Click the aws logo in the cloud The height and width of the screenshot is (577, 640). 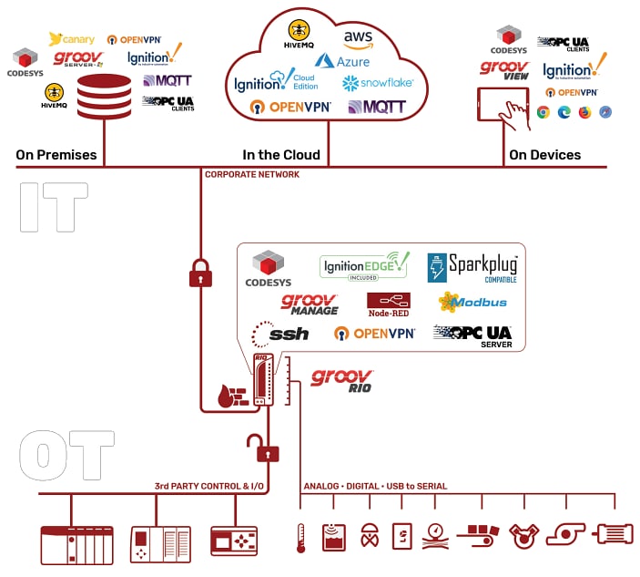point(358,39)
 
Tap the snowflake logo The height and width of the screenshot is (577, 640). point(378,83)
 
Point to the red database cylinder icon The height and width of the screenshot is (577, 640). point(104,97)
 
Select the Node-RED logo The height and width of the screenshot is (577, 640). point(388,303)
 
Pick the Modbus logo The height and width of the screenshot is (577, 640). point(472,302)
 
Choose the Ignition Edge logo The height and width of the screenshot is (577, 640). point(364,266)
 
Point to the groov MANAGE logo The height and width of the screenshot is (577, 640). point(310,304)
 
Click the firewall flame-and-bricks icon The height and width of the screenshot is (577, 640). point(233,395)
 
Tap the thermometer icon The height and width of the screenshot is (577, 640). point(299,539)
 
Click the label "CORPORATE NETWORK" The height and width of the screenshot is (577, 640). point(251,174)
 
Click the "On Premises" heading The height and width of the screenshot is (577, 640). point(56,155)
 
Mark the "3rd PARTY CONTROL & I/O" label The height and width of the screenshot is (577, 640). point(210,486)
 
